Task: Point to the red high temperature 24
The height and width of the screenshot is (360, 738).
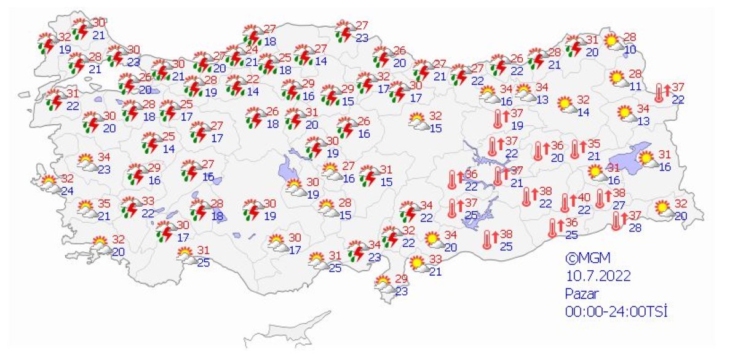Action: point(251,50)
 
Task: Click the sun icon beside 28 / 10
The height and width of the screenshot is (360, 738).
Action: point(613,41)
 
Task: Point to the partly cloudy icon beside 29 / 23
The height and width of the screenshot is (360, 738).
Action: point(384,284)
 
